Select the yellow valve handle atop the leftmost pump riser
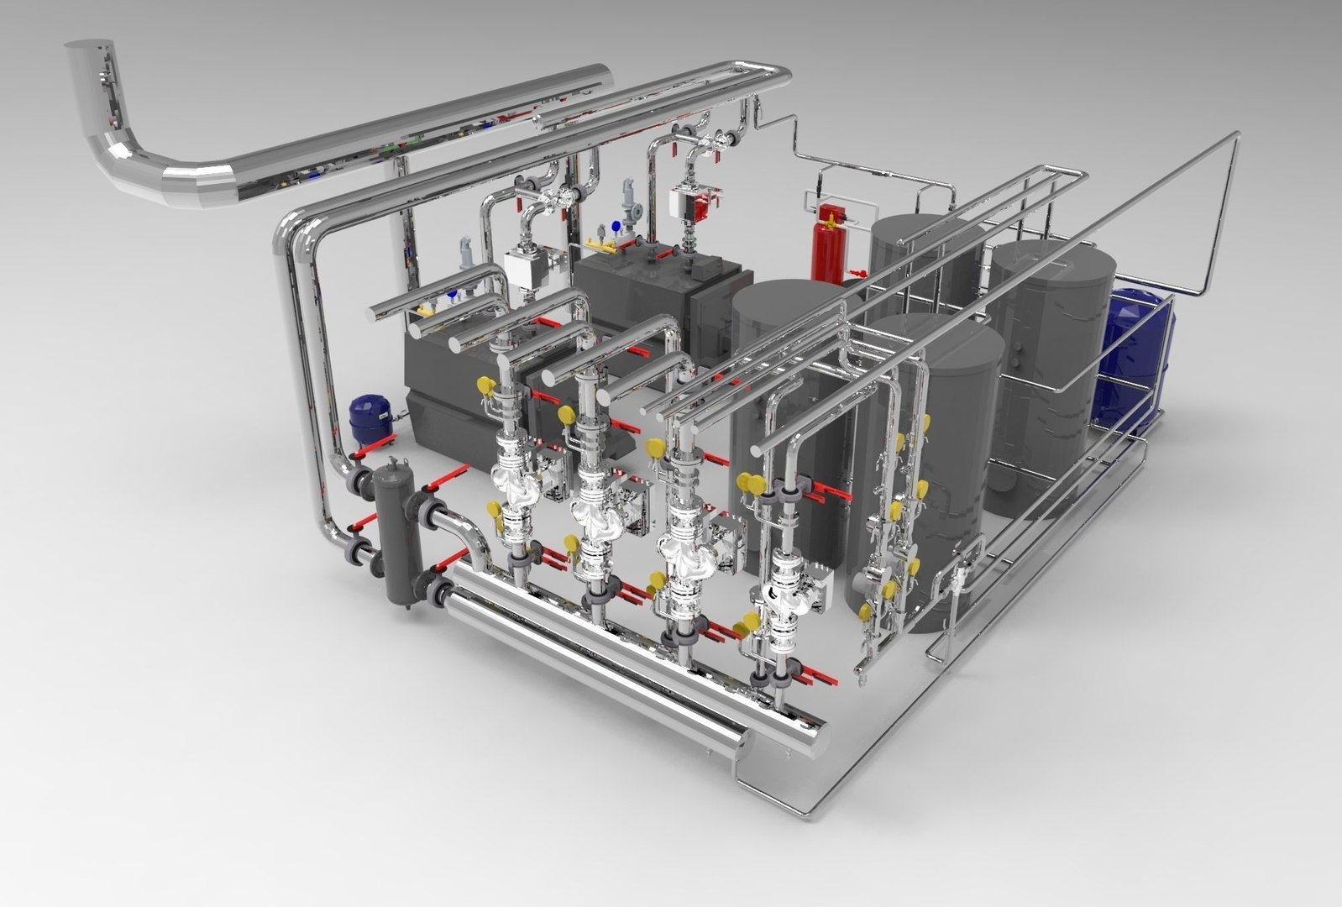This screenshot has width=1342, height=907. click(x=485, y=385)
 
